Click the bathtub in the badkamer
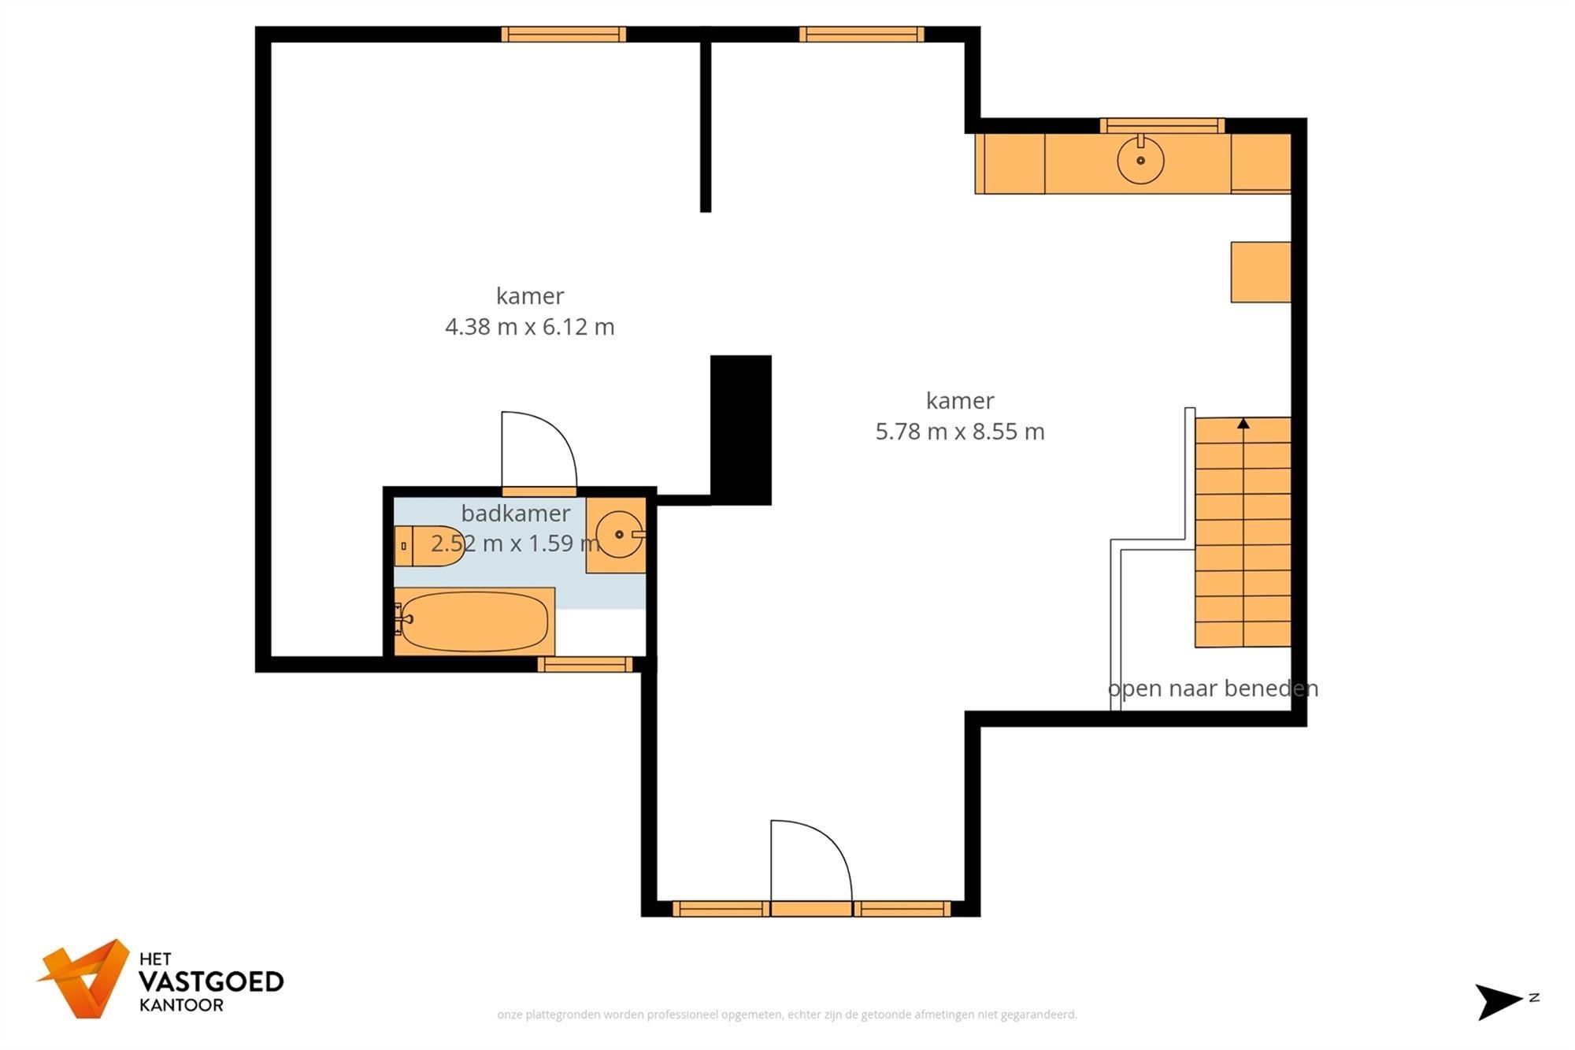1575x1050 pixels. pyautogui.click(x=473, y=621)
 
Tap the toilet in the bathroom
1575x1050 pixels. pyautogui.click(x=432, y=545)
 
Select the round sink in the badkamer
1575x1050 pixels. pyautogui.click(x=619, y=534)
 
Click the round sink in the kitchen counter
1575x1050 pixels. pyautogui.click(x=1140, y=160)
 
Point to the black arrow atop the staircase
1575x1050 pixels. pyautogui.click(x=1243, y=424)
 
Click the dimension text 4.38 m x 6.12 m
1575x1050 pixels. pyautogui.click(x=529, y=326)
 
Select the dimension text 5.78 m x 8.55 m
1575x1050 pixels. pyautogui.click(x=960, y=432)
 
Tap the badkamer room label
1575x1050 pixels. pyautogui.click(x=515, y=514)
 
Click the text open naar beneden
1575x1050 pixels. pyautogui.click(x=1213, y=688)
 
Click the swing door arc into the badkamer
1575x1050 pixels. pyautogui.click(x=551, y=441)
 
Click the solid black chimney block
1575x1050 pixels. pyautogui.click(x=740, y=429)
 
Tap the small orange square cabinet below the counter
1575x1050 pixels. pyautogui.click(x=1260, y=273)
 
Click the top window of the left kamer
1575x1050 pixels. pyautogui.click(x=563, y=34)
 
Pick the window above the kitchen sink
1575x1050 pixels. pyautogui.click(x=1162, y=125)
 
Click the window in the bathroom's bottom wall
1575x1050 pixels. pyautogui.click(x=584, y=665)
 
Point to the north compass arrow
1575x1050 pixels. pyautogui.click(x=1496, y=1001)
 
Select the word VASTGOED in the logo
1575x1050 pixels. pyautogui.click(x=210, y=981)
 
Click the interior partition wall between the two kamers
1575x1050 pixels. pyautogui.click(x=706, y=126)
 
